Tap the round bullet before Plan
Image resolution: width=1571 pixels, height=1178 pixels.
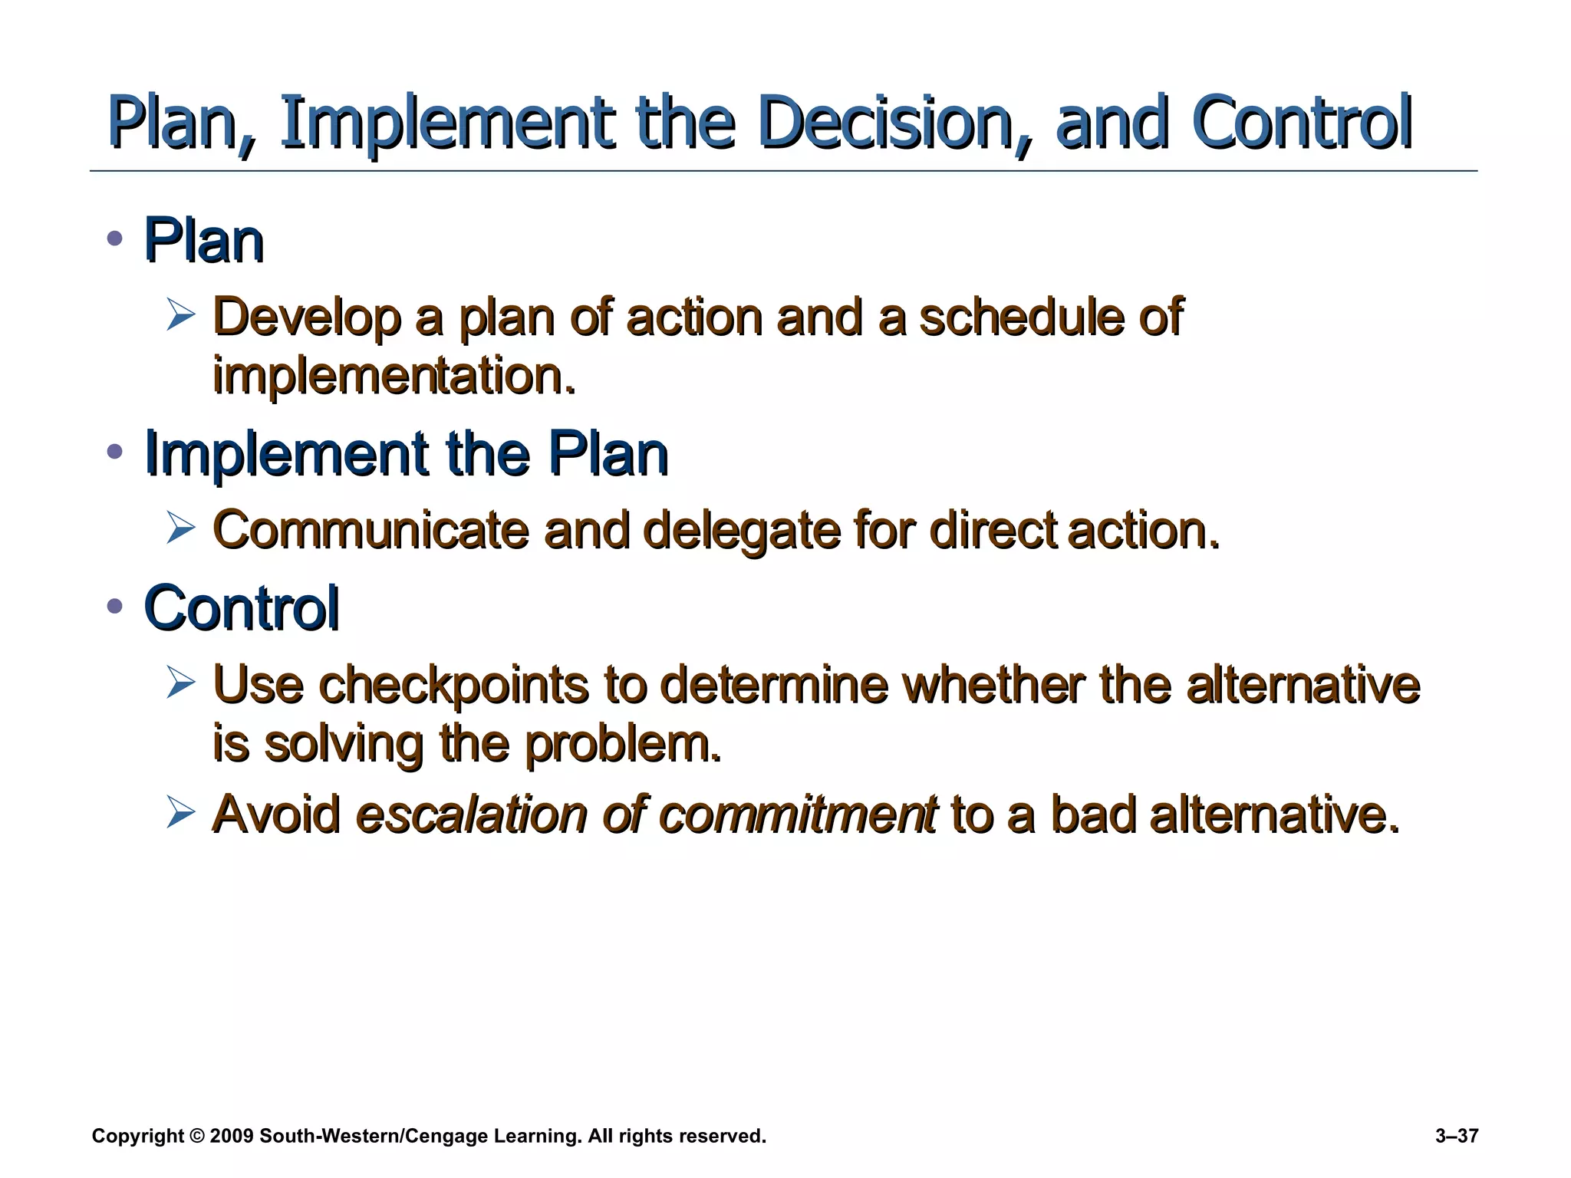pyautogui.click(x=115, y=239)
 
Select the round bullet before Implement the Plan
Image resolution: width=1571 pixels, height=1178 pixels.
pyautogui.click(x=115, y=452)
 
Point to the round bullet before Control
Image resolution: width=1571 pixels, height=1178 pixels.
pyautogui.click(x=115, y=606)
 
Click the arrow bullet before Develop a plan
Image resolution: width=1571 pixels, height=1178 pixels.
pyautogui.click(x=181, y=315)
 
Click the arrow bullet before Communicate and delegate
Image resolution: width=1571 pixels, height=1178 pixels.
pyautogui.click(x=181, y=528)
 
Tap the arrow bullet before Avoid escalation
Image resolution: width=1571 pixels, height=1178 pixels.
pyautogui.click(x=181, y=812)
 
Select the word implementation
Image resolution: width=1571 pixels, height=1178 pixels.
pyautogui.click(x=393, y=376)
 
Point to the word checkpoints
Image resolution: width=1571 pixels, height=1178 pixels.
pyautogui.click(x=453, y=684)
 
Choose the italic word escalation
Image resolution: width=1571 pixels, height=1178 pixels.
pyautogui.click(x=471, y=814)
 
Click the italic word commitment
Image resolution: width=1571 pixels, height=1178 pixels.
pyautogui.click(x=798, y=814)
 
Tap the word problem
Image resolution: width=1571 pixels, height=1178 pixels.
pyautogui.click(x=623, y=744)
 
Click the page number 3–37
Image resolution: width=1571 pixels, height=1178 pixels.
pyautogui.click(x=1456, y=1136)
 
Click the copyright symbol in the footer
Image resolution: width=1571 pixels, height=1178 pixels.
pyautogui.click(x=197, y=1136)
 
